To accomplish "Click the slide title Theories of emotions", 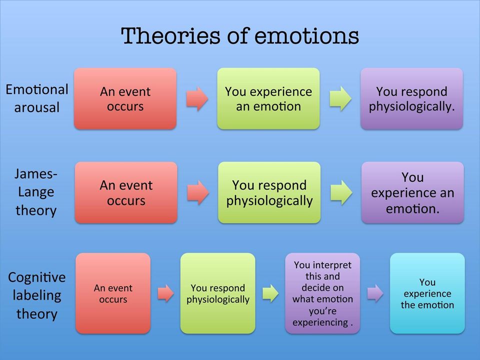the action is coord(240,36).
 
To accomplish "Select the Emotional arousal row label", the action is coord(36,98).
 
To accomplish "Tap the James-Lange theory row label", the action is coord(36,192).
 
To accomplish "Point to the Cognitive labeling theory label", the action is coord(36,295).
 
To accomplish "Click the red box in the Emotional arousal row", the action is coord(125,98).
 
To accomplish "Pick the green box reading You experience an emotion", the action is coord(268,98).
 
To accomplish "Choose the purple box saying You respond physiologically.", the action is coord(411,98).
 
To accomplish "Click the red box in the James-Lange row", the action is coord(126,192).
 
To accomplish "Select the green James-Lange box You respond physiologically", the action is coord(269,192).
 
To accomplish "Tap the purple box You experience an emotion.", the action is coord(412,192).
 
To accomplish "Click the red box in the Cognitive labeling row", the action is coord(113,293).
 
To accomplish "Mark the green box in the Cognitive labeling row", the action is coord(217,293).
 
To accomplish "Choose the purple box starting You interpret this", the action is coord(322,293).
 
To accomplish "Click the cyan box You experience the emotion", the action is coord(427,293).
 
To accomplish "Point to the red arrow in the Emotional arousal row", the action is coord(197,98).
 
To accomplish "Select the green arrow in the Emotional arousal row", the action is coord(340,98).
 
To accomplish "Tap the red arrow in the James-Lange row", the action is coord(198,192).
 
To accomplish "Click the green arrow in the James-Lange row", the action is coord(341,192).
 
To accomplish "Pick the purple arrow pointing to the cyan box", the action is coord(375,293).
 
